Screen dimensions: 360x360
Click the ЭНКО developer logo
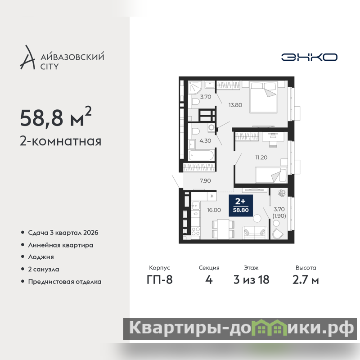pyautogui.click(x=309, y=57)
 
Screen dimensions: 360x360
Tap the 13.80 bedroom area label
pyautogui.click(x=235, y=105)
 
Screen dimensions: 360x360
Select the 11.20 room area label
pyautogui.click(x=261, y=157)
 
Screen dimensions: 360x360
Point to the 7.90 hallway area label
pyautogui.click(x=205, y=181)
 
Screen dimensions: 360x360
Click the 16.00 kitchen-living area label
pyautogui.click(x=214, y=210)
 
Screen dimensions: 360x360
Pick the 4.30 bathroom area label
pyautogui.click(x=205, y=141)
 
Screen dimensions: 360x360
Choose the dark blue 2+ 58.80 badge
pyautogui.click(x=241, y=206)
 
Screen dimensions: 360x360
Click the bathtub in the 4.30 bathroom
pyautogui.click(x=202, y=155)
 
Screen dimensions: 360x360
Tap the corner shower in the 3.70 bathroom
pyautogui.click(x=195, y=87)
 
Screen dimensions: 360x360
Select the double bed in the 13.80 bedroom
pyautogui.click(x=263, y=97)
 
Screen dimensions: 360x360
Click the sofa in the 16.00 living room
pyautogui.click(x=255, y=233)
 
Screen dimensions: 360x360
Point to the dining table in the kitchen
pyautogui.click(x=223, y=229)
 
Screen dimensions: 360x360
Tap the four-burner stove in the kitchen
pyautogui.click(x=196, y=231)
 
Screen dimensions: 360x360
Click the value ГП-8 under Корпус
pyautogui.click(x=160, y=280)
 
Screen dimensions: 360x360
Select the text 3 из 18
pyautogui.click(x=251, y=280)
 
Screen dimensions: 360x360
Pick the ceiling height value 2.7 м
pyautogui.click(x=306, y=280)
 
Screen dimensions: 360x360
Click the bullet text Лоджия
pyautogui.click(x=41, y=257)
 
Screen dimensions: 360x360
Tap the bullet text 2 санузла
pyautogui.click(x=44, y=269)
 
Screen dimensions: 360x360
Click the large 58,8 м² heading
pyautogui.click(x=56, y=117)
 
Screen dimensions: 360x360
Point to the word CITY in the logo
pyautogui.click(x=49, y=67)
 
